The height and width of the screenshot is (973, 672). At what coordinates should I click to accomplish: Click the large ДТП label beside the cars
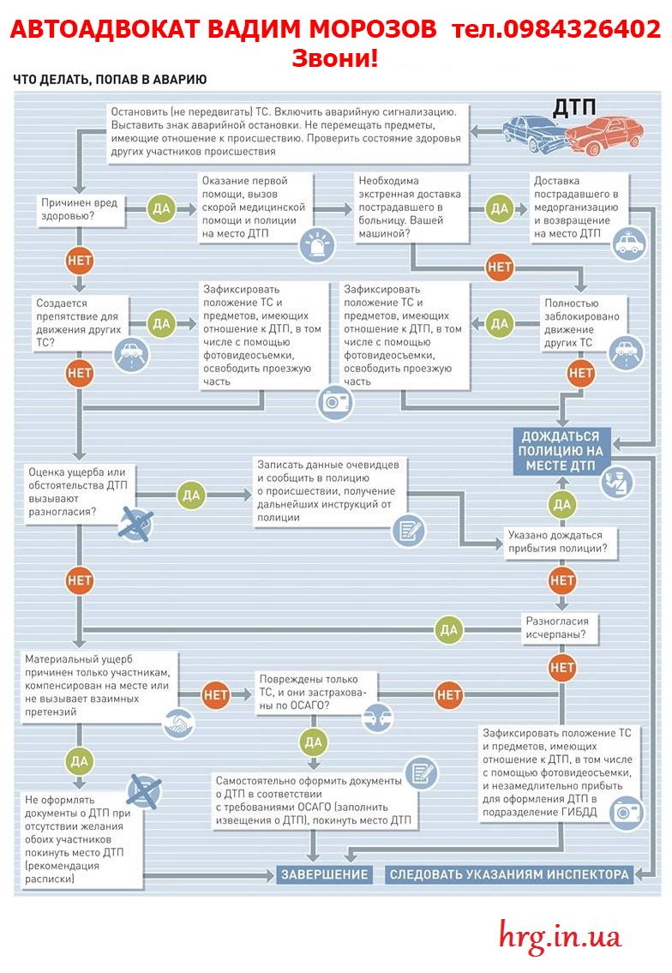tap(574, 107)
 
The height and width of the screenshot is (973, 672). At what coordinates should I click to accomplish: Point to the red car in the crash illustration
tap(605, 134)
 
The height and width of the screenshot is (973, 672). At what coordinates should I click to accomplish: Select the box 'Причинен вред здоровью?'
tap(80, 209)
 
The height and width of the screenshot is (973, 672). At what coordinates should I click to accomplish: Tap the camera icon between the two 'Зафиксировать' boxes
tap(335, 401)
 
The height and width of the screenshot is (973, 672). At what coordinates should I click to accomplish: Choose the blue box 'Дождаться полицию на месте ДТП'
tap(561, 451)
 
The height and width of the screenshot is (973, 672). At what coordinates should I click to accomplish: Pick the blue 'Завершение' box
tap(325, 874)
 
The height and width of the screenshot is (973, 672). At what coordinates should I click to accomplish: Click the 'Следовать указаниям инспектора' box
tap(509, 874)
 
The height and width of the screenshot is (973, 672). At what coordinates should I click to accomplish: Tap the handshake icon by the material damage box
tap(179, 724)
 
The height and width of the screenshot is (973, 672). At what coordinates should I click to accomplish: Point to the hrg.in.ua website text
tap(560, 936)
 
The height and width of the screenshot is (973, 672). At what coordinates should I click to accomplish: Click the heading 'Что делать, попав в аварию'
tap(110, 80)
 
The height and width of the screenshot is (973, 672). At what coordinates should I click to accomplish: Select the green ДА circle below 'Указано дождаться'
tap(561, 504)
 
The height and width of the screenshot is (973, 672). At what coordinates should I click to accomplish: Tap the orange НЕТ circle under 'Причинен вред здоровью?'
tap(80, 261)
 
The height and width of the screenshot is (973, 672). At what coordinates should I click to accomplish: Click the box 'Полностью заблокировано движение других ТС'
tap(581, 323)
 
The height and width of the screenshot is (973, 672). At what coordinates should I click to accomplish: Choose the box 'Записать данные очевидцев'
tap(330, 491)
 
